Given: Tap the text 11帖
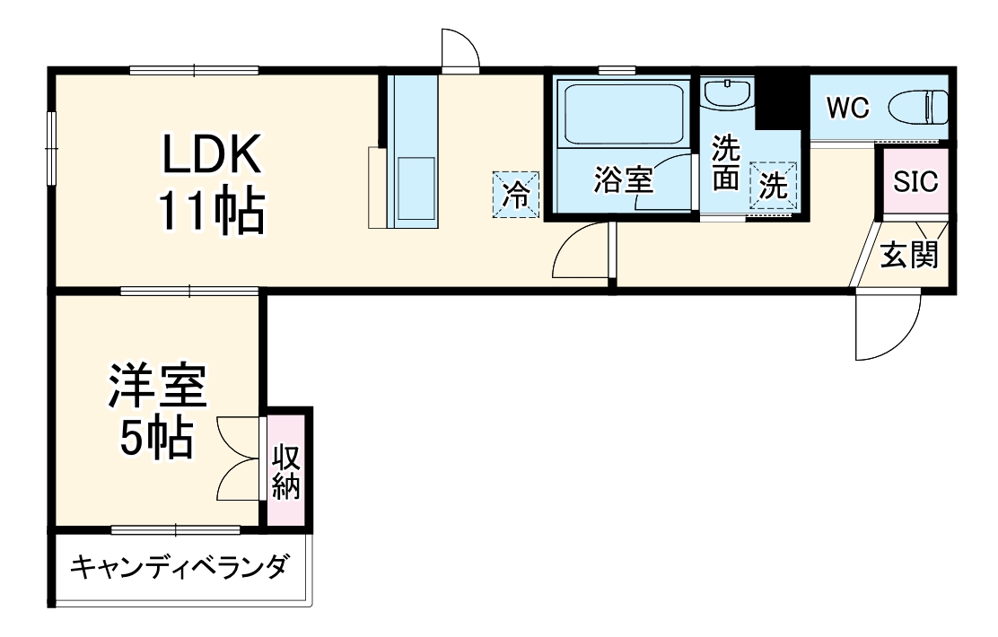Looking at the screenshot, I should (x=212, y=214).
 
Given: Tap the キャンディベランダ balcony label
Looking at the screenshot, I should (x=179, y=567).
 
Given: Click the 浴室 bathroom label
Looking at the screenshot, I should (x=622, y=180).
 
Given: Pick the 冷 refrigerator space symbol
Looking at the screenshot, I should (x=515, y=193).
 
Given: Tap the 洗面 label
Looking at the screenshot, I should (x=725, y=164).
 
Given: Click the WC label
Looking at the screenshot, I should (x=847, y=108).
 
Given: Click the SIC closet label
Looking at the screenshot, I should (x=915, y=181).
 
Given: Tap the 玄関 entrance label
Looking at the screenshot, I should (x=908, y=257).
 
